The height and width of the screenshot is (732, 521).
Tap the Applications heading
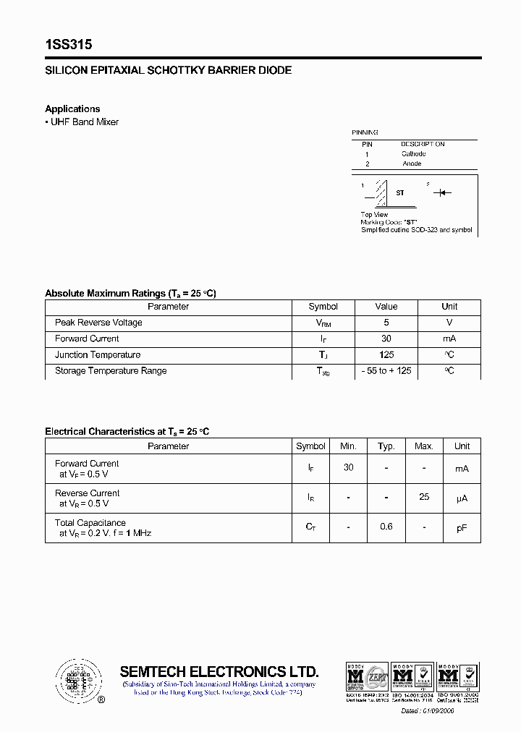[72, 109]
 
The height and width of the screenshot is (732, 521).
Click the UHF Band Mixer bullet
[84, 122]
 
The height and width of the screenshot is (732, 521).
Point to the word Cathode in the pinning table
[414, 153]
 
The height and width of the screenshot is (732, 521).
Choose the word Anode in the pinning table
[412, 163]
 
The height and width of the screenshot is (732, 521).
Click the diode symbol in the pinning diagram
[444, 193]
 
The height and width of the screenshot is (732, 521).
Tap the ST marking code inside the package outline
[400, 193]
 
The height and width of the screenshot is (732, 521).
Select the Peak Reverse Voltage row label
[98, 323]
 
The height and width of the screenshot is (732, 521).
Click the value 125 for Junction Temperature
[386, 355]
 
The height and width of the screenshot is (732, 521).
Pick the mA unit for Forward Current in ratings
[449, 339]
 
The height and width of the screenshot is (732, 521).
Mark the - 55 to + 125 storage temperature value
[386, 371]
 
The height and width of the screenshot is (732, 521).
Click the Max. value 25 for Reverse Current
[424, 498]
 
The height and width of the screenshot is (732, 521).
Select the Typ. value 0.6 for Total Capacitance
[386, 527]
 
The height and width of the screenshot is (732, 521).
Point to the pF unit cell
[462, 528]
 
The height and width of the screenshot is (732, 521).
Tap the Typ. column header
[386, 446]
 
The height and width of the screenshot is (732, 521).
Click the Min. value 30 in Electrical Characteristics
[348, 468]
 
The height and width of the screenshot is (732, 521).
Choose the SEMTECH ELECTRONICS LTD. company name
[219, 671]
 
